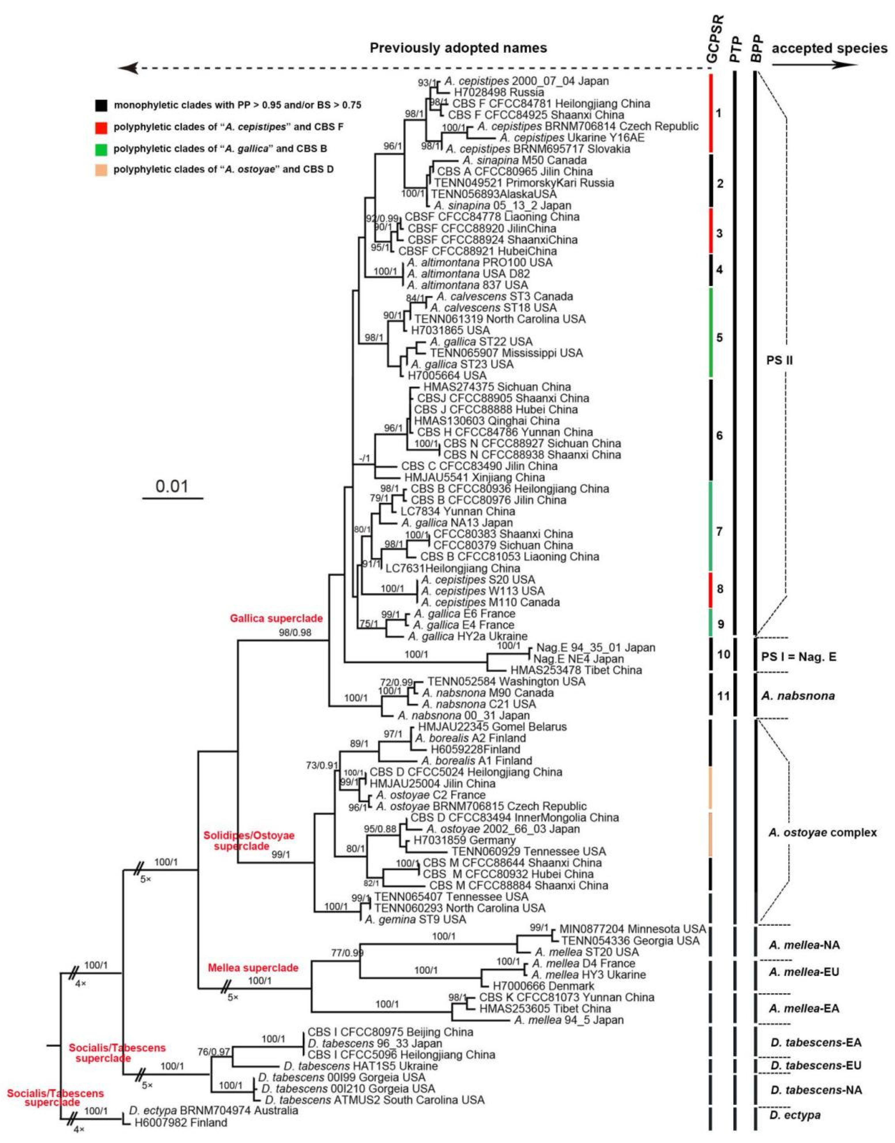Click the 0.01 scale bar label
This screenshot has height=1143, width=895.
(172, 486)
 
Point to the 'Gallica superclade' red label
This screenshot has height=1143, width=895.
(276, 618)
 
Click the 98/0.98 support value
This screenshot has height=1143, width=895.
(295, 632)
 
